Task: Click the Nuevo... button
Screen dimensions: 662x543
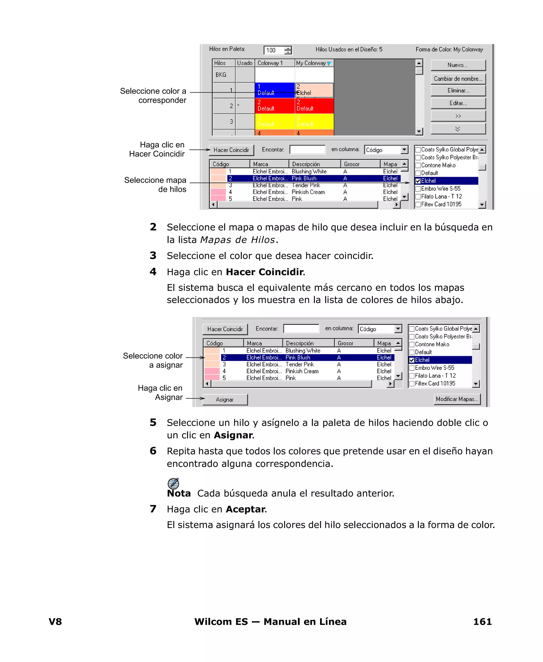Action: [x=458, y=65]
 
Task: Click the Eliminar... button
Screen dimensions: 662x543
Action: [x=458, y=91]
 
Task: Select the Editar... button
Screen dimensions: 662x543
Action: [x=458, y=103]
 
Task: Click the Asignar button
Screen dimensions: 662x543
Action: [x=225, y=400]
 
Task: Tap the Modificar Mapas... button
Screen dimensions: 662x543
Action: [x=457, y=399]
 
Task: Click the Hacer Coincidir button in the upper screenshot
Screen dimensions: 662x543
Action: [x=231, y=150]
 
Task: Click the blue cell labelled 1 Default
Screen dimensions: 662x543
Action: [x=275, y=90]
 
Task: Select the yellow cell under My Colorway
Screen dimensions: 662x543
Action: [x=314, y=121]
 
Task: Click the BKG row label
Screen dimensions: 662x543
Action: [x=221, y=75]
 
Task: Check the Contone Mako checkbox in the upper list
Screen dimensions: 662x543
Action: [x=418, y=165]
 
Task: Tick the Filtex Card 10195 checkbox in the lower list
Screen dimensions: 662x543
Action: [x=412, y=384]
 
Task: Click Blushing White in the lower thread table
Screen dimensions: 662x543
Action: [x=303, y=350]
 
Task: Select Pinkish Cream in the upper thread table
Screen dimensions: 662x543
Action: [x=308, y=192]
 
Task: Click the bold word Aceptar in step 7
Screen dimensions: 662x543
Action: [x=246, y=509]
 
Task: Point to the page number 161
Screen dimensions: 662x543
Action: [x=482, y=622]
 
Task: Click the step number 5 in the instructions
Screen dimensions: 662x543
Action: [x=153, y=423]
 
